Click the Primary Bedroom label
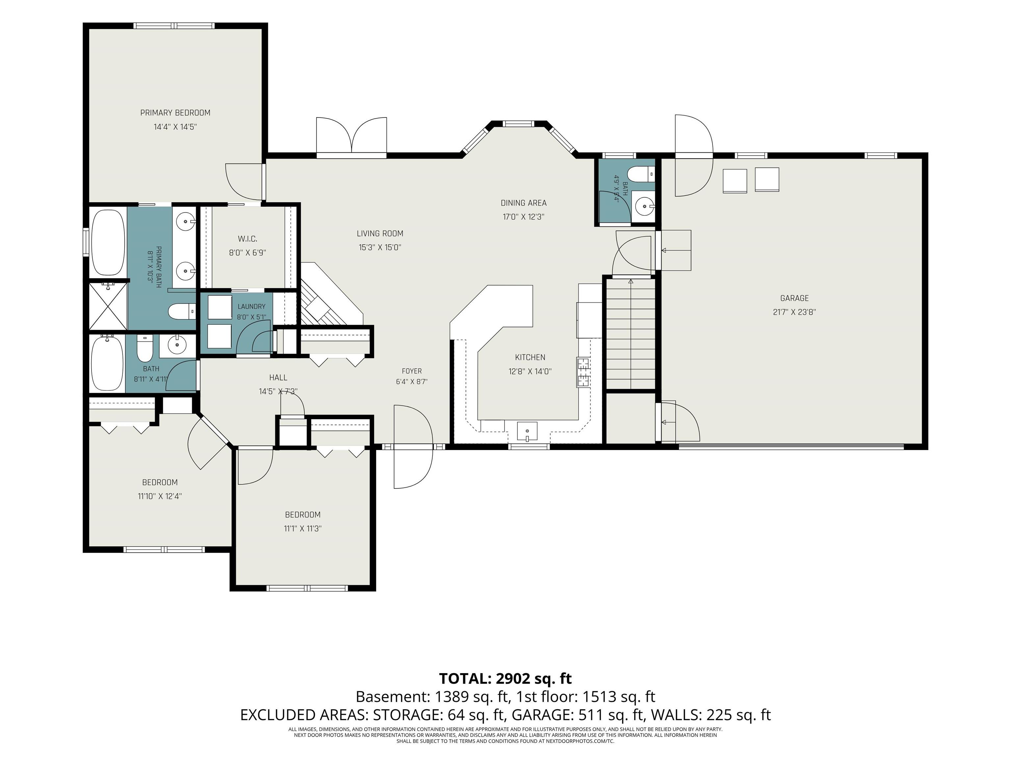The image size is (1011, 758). pos(175,113)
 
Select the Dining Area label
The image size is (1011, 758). pos(523,203)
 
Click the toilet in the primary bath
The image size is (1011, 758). pos(181,312)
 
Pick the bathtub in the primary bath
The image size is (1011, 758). pos(108,242)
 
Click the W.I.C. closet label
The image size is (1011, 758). pos(247,239)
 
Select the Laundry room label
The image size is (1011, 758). pos(251,307)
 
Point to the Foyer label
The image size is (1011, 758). pos(412,371)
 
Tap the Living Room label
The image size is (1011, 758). pos(380,234)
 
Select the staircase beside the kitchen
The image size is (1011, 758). pos(631,334)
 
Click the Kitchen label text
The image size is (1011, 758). pos(530,357)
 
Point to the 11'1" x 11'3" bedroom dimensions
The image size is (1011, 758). pos(302,529)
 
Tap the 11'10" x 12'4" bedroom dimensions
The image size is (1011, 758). pos(160,496)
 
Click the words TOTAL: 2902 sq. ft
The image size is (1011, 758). pos(505,678)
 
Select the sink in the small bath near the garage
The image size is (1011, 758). pos(644,207)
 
